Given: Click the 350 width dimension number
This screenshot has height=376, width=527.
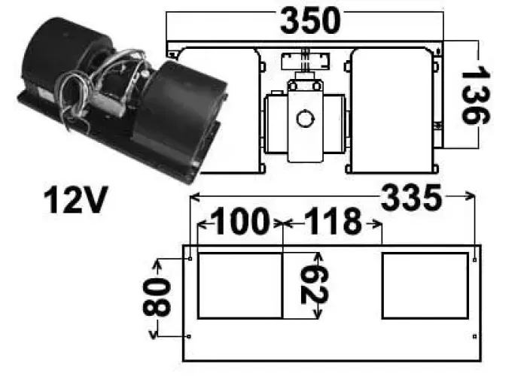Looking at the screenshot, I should pos(310,21).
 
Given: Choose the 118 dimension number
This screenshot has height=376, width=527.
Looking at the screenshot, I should pos(332,223).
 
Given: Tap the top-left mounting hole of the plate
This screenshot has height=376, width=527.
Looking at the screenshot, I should pos(190,259).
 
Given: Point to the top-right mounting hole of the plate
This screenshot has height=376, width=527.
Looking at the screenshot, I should pos(475,259).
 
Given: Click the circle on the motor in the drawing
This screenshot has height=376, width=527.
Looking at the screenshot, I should pos(305,118).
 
